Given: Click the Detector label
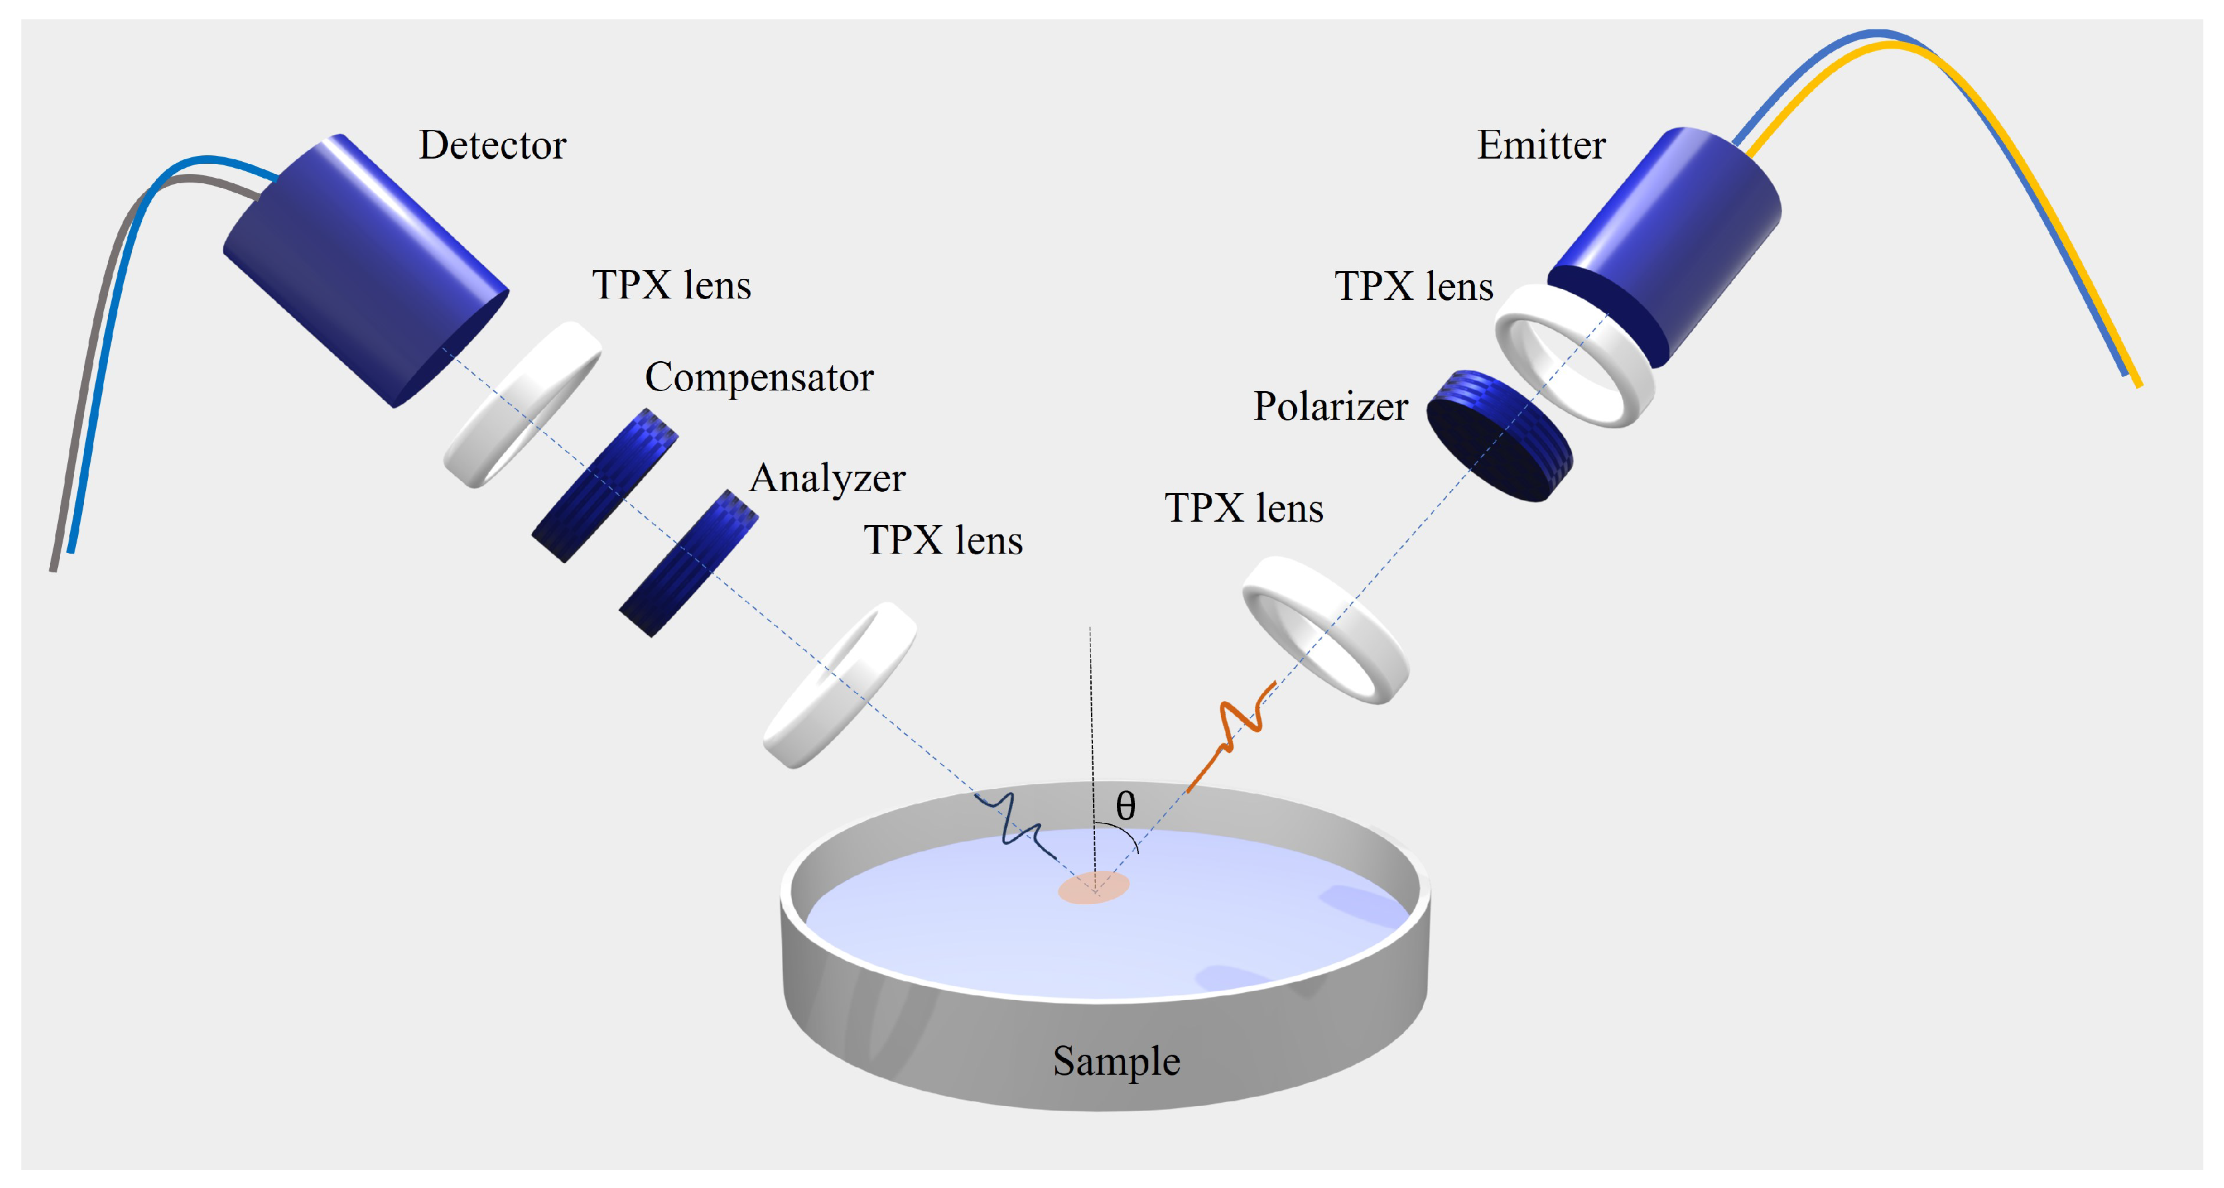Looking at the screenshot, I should tap(492, 145).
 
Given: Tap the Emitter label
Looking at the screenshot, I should tap(1541, 145).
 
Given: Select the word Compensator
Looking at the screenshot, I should tap(759, 377).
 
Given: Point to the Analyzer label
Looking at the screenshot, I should tap(827, 478).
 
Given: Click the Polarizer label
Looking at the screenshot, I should tap(1330, 406).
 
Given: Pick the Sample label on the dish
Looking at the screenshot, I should tap(1116, 1061).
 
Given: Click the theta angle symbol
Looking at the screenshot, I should tap(1125, 806).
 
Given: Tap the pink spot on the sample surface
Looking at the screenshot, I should tap(1094, 888).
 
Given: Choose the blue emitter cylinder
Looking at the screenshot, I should tap(1666, 242).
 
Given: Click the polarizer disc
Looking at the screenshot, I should tap(1498, 436).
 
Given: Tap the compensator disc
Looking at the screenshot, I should tap(604, 485).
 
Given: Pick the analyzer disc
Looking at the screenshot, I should tap(688, 563).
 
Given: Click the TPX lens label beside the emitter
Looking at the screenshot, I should tap(1414, 287).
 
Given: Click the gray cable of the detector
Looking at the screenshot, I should tap(87, 388).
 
